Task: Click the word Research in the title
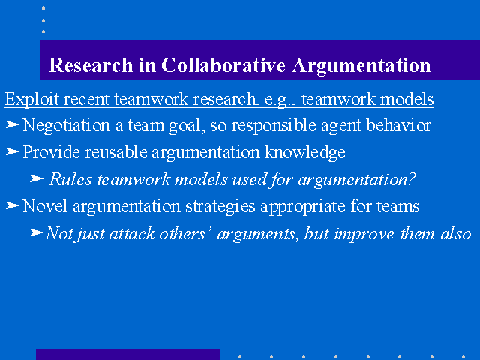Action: pyautogui.click(x=91, y=65)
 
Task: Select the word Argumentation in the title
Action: pyautogui.click(x=361, y=66)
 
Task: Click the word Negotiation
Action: pyautogui.click(x=67, y=126)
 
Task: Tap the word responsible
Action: pyautogui.click(x=274, y=126)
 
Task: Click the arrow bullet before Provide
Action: pyautogui.click(x=13, y=151)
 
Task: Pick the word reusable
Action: pyautogui.click(x=116, y=152)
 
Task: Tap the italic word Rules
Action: pyautogui.click(x=70, y=179)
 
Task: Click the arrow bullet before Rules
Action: pyautogui.click(x=37, y=178)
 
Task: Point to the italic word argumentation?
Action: pyautogui.click(x=357, y=180)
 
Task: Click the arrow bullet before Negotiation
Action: pyautogui.click(x=13, y=124)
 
